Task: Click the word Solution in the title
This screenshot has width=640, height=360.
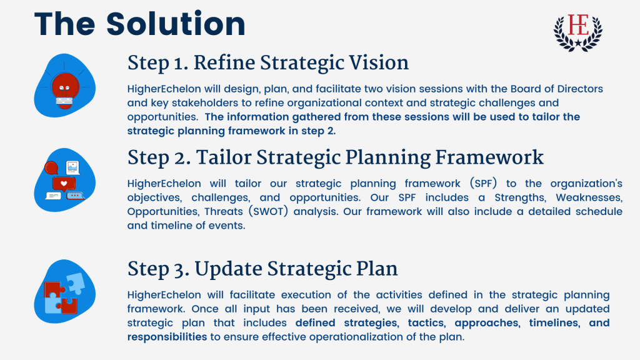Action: click(176, 24)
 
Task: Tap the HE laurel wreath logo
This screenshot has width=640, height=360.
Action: click(578, 32)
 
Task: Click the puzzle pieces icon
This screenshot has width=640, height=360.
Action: click(65, 292)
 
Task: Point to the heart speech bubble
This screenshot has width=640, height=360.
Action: click(64, 184)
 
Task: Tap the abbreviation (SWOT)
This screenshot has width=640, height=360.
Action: click(268, 211)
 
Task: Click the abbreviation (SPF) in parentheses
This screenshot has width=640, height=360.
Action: click(483, 184)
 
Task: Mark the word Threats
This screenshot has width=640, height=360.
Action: click(224, 211)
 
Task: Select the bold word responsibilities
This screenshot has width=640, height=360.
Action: click(167, 337)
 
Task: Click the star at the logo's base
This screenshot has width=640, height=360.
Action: click(578, 42)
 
